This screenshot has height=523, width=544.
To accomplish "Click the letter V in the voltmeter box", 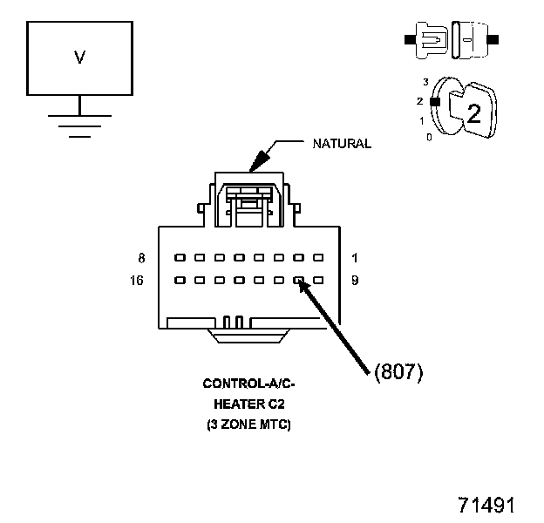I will coord(79,58).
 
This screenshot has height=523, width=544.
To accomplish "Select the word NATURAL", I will coord(342,144).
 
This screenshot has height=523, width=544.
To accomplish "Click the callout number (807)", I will coord(398,372).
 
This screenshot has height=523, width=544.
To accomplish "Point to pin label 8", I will coord(142,258).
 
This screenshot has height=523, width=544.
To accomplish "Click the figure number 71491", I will coord(487,506).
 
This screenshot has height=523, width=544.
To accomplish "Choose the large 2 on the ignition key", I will coord(473,113).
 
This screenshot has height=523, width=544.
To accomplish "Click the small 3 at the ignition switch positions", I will coord(425,82).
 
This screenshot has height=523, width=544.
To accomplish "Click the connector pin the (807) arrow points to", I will coord(298,281).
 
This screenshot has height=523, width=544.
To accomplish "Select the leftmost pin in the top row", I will coord(178,258).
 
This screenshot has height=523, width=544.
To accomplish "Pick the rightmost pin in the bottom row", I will coord(318,281).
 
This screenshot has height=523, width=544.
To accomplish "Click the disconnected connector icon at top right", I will coord(450,39).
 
